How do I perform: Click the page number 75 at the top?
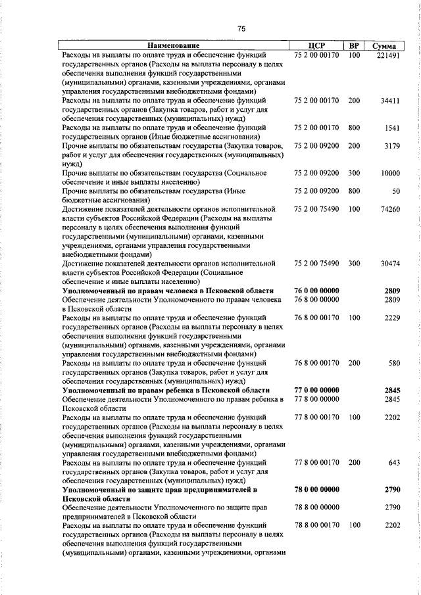[241, 28]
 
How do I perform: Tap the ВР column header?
[354, 46]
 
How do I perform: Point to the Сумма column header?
[384, 47]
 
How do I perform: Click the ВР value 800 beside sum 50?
[354, 191]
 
